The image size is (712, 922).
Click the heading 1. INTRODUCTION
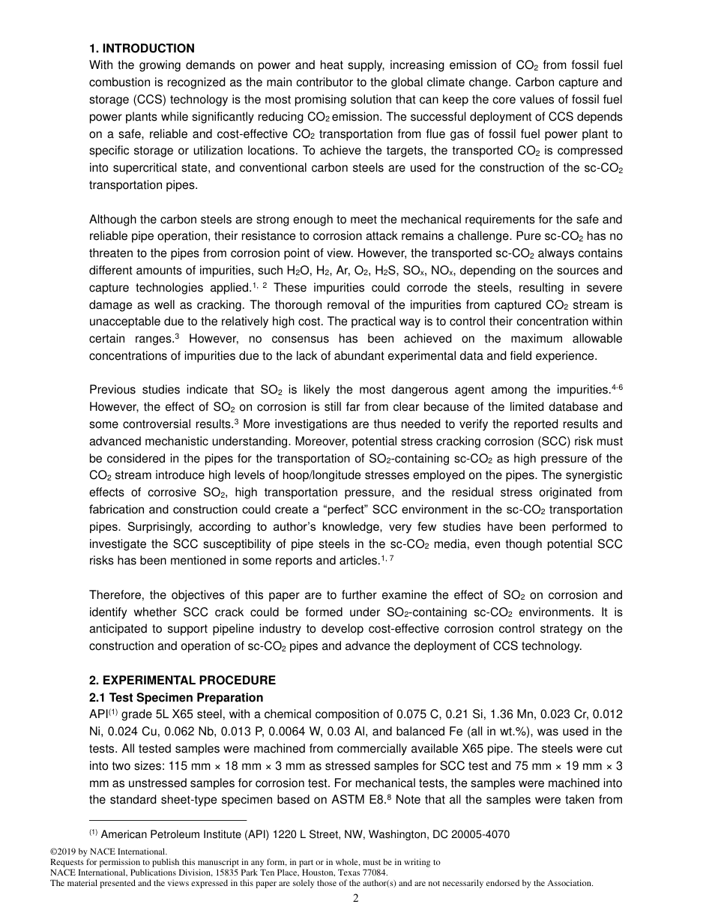point(142,49)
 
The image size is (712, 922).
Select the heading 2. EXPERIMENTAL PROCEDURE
point(182,681)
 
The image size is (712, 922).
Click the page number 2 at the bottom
point(356,898)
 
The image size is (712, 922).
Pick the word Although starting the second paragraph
point(112,220)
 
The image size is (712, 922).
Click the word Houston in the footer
point(310,873)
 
